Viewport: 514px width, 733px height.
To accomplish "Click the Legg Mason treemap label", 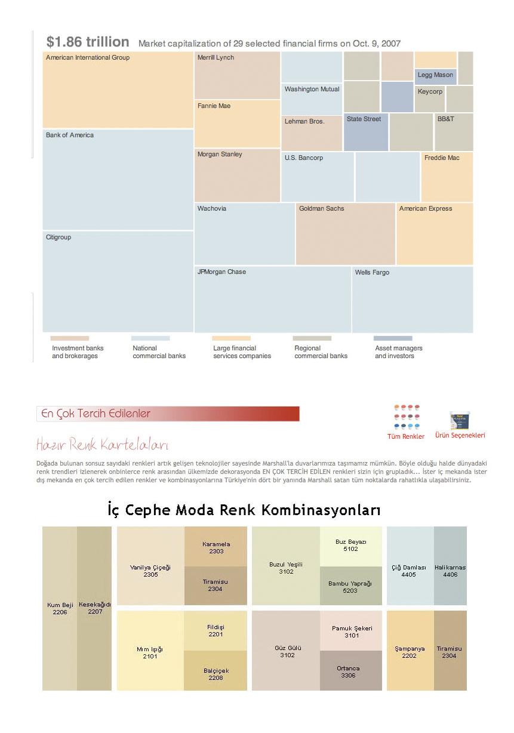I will (x=435, y=75).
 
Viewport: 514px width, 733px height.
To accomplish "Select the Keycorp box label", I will (x=430, y=92).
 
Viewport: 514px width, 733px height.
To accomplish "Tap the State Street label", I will (x=364, y=119).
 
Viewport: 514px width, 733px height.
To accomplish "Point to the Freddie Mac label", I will (x=442, y=158).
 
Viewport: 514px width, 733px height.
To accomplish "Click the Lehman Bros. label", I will (x=304, y=121).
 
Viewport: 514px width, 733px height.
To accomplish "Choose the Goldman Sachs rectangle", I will (x=345, y=234).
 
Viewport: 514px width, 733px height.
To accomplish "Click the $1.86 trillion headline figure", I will (x=88, y=42).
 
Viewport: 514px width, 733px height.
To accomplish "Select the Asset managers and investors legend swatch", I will (x=393, y=338).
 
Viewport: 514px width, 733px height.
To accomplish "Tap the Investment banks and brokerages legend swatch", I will (x=70, y=338).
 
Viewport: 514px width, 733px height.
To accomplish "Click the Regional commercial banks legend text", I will (x=321, y=352).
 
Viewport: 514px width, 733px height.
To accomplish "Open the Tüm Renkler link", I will (x=406, y=436).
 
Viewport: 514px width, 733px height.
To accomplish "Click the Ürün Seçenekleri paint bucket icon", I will (x=460, y=420).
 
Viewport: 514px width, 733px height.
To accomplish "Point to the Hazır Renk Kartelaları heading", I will (x=102, y=445).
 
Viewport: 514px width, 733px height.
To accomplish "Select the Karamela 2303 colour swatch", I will (x=216, y=546).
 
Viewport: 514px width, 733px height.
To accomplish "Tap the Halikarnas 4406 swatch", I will (x=450, y=566).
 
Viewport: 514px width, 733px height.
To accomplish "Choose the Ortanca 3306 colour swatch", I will (x=348, y=671).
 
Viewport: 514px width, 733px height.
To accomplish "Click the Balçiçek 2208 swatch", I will (x=216, y=671).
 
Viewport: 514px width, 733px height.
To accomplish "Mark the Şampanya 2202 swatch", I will (x=410, y=651).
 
